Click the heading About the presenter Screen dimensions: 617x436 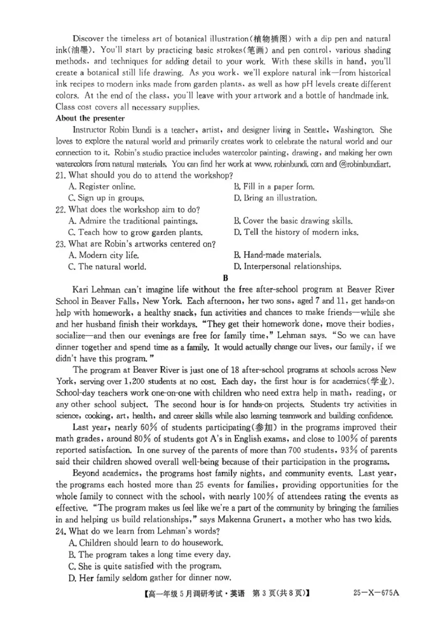click(90, 118)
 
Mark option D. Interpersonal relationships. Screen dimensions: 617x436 click(287, 267)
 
